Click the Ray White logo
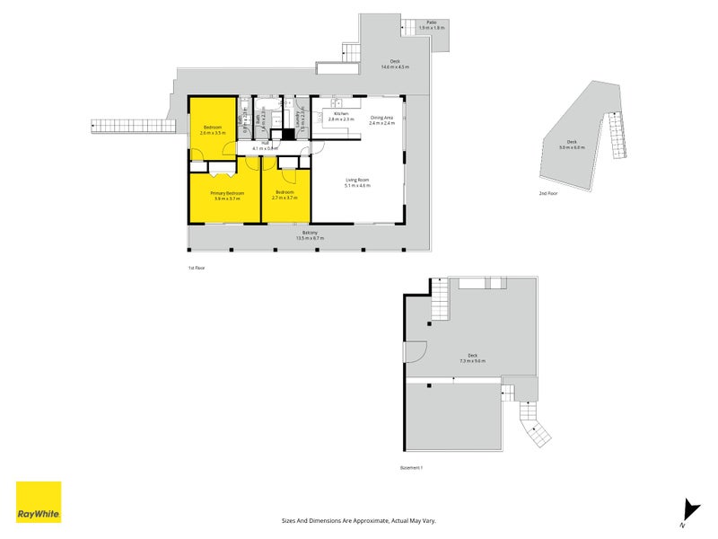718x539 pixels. [39, 502]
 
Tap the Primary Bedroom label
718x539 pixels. [227, 193]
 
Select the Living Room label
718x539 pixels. [358, 180]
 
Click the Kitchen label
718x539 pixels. [341, 114]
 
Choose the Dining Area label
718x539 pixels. [382, 118]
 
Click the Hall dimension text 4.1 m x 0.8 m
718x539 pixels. [266, 148]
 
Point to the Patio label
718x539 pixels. [432, 23]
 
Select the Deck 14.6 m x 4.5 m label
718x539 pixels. [394, 63]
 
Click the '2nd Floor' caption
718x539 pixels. [547, 193]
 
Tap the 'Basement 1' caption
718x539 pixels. [411, 468]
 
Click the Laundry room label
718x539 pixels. [297, 119]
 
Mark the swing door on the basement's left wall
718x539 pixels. [416, 353]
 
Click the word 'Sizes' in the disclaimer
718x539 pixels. [288, 520]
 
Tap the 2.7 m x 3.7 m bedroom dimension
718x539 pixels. [285, 197]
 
